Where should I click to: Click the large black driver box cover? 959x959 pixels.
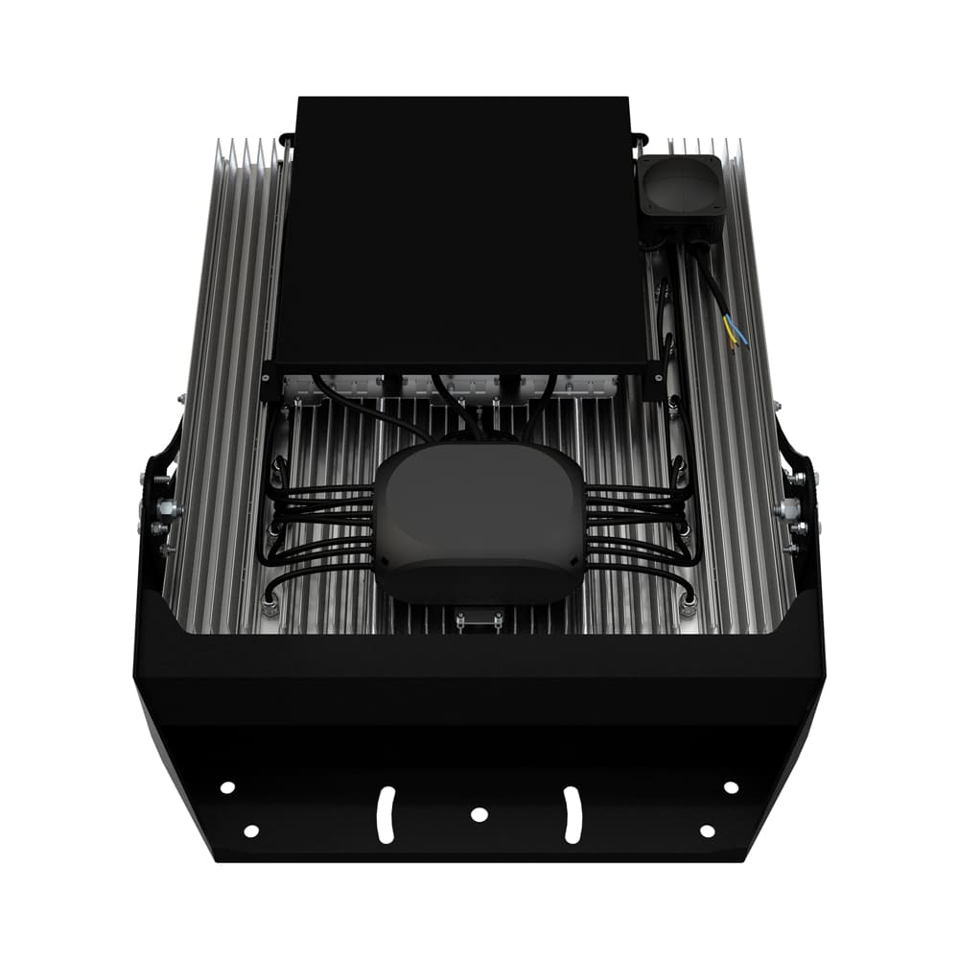coord(460,230)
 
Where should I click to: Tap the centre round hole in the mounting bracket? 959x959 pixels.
coord(479,814)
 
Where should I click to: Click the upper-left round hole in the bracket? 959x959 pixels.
coord(227,787)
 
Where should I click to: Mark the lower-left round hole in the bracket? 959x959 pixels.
coord(250,830)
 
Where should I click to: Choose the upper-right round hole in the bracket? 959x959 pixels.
coord(731,787)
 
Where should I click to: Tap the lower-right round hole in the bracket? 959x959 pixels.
coord(707,830)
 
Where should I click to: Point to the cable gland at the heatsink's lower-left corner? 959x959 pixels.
coord(269,604)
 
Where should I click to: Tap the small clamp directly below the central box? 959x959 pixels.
coord(479,620)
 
